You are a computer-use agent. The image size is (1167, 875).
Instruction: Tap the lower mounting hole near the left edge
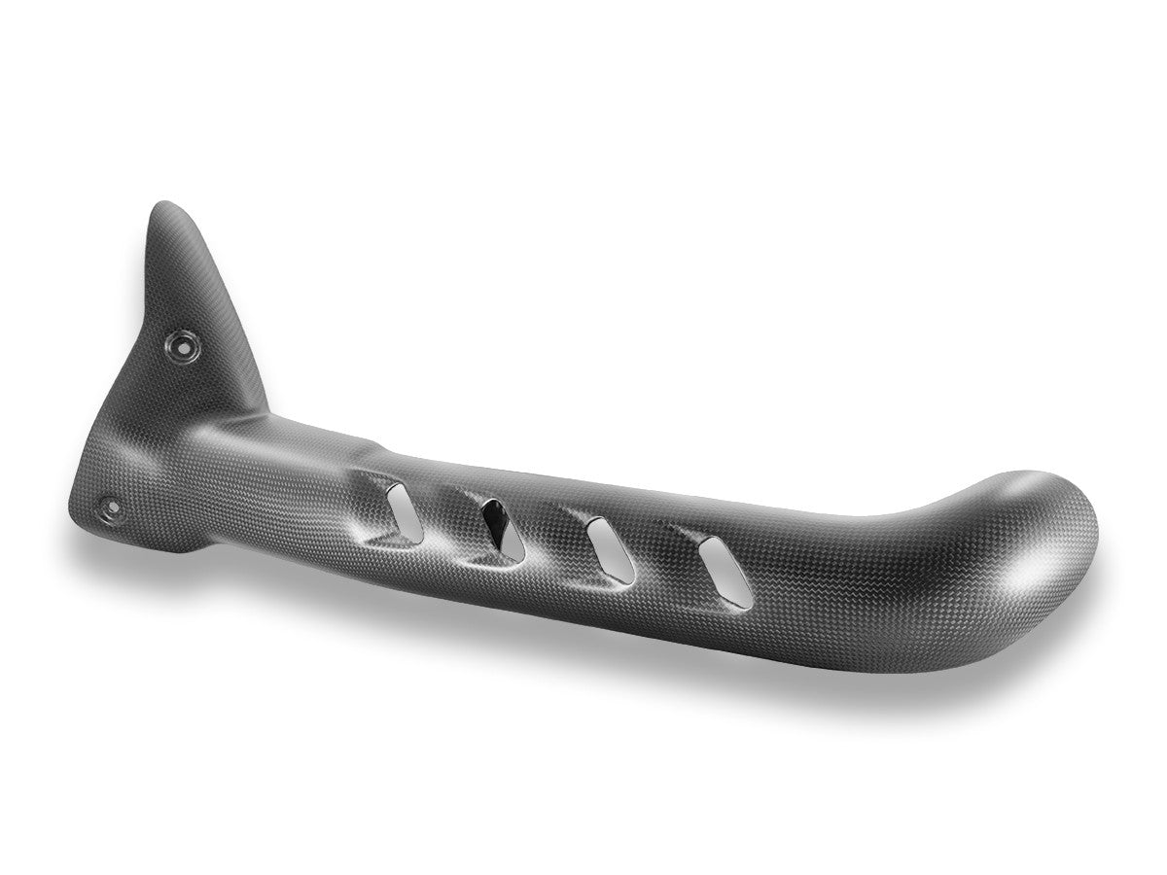tap(110, 507)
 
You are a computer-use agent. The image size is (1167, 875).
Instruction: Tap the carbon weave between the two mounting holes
tap(146, 428)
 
